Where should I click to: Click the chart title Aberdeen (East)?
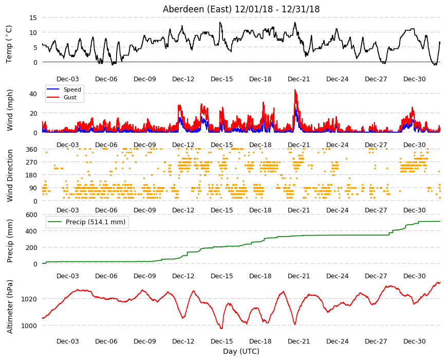click(197, 9)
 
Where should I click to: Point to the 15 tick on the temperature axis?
click(33, 17)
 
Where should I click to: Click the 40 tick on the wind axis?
click(33, 94)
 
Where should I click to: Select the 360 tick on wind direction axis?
click(31, 149)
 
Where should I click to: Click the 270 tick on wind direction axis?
click(31, 163)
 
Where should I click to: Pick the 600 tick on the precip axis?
click(31, 214)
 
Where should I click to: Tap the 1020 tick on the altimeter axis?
click(29, 299)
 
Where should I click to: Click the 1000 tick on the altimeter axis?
click(29, 326)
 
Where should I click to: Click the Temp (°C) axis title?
click(9, 44)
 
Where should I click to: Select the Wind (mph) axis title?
click(10, 110)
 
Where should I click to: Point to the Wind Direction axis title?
click(10, 175)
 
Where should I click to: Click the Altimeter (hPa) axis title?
click(10, 307)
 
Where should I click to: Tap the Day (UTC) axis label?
click(241, 351)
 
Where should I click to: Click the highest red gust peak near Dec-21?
click(295, 90)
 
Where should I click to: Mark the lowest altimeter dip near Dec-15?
click(221, 328)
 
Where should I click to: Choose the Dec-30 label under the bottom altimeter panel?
click(414, 341)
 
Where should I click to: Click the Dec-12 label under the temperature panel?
click(183, 79)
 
